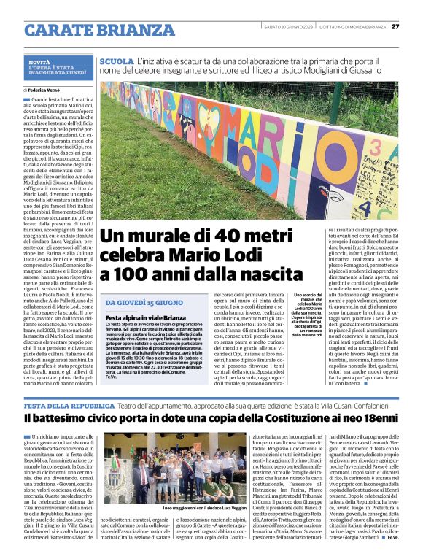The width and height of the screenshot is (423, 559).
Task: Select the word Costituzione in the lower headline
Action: click(275, 419)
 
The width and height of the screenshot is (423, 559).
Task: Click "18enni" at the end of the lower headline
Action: click(376, 419)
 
